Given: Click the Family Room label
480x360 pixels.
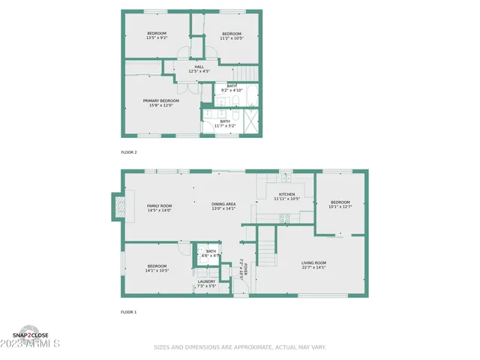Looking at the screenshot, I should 159,205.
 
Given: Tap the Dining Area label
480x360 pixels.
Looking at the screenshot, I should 223,205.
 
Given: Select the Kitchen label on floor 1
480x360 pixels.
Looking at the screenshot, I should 286,194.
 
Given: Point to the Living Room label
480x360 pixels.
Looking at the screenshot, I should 313,262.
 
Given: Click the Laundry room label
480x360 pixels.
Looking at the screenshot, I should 206,281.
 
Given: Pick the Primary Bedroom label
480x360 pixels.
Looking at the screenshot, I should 161,100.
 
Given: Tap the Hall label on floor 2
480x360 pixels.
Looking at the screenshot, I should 199,67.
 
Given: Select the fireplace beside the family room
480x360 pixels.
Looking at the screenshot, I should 117,206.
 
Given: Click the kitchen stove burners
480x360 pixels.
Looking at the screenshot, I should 284,219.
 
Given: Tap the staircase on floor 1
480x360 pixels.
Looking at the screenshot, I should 268,244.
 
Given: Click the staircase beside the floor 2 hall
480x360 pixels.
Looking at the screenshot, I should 244,73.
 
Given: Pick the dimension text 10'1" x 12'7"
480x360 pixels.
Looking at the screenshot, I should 340,207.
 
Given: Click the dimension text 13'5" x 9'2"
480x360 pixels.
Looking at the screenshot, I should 157,37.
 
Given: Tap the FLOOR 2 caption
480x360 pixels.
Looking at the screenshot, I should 129,152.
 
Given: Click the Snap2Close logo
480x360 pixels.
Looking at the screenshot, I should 31,334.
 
